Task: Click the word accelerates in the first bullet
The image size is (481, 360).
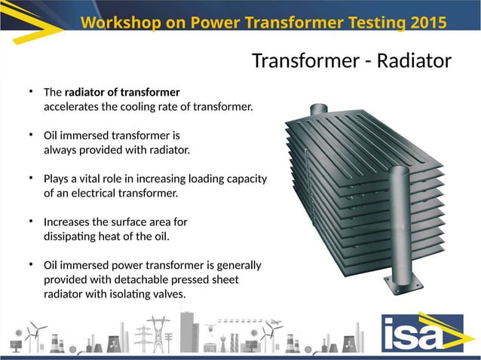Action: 71,106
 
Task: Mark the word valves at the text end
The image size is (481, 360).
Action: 168,294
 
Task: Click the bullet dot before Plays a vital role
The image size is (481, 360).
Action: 32,179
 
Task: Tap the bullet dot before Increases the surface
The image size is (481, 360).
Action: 32,222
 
